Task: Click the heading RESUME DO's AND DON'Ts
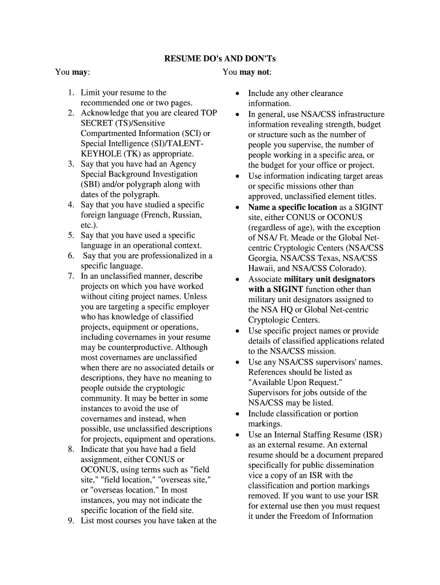pos(220,59)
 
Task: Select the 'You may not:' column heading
pos(247,72)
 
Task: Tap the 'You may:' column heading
pos(72,72)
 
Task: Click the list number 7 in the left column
pos(71,277)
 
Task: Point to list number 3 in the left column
pos(71,164)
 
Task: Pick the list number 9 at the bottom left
pos(71,520)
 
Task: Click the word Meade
pos(298,238)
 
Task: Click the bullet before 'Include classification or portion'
pos(237,414)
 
